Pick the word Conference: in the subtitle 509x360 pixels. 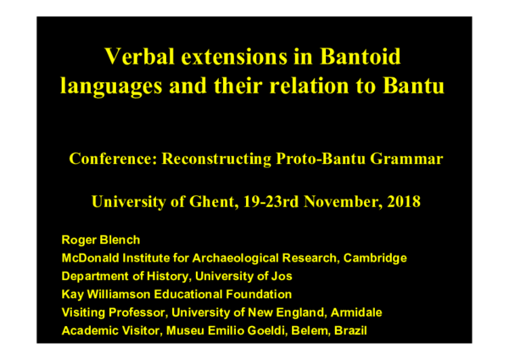pyautogui.click(x=112, y=159)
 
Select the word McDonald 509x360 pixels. pyautogui.click(x=89, y=257)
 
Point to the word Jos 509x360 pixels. pyautogui.click(x=280, y=275)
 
